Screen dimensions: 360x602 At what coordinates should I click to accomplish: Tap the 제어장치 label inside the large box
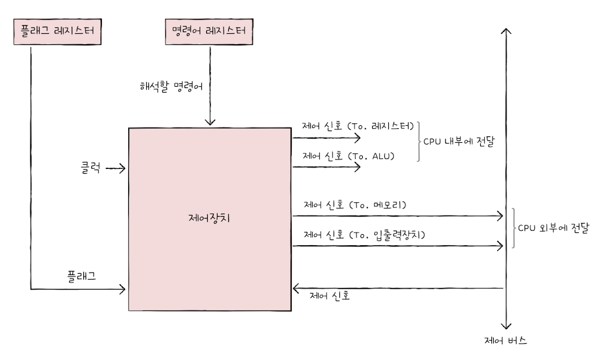pos(210,218)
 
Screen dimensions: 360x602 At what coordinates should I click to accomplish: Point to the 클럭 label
pos(91,169)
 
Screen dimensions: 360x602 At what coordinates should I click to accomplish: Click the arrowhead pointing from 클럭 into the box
pos(123,169)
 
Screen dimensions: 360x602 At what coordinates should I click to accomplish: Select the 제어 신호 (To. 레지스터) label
pos(357,125)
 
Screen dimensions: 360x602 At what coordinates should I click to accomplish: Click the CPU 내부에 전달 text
pos(459,141)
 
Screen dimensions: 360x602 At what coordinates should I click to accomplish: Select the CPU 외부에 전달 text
pos(553,228)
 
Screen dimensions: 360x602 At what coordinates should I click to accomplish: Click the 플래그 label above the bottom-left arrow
pos(82,275)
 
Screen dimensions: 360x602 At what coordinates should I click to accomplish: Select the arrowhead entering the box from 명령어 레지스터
pos(210,122)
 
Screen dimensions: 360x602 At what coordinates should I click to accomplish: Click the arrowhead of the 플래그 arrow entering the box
pos(123,288)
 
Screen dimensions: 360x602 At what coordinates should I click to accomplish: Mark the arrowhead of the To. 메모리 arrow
pos(499,216)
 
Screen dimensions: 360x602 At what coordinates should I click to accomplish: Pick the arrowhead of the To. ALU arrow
pos(357,167)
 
